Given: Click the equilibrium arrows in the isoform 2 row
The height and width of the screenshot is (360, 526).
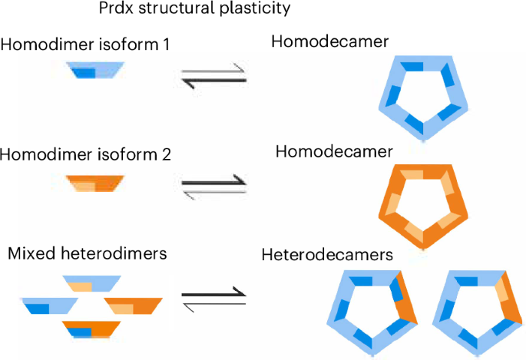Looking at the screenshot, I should point(212,186).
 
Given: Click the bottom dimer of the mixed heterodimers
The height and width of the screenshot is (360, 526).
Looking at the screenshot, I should point(92,331).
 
